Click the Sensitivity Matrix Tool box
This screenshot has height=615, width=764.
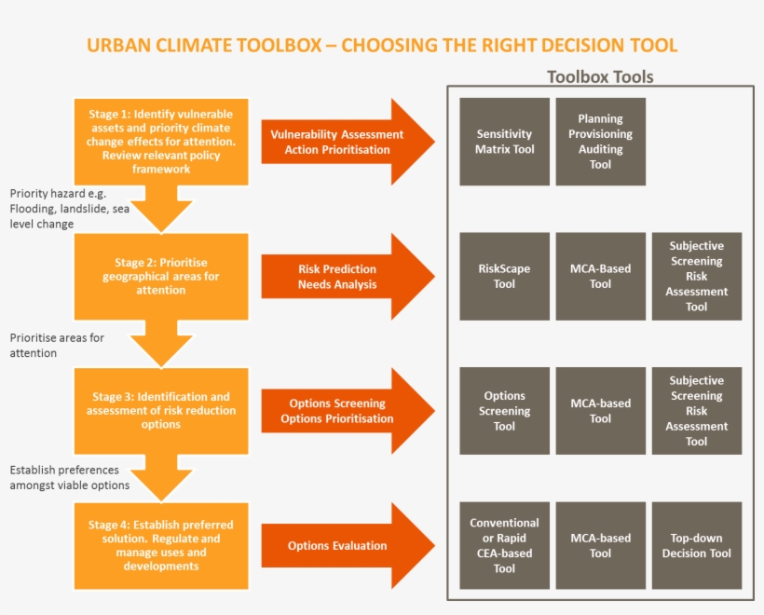pyautogui.click(x=504, y=142)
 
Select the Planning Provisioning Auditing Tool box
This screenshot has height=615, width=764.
pyautogui.click(x=600, y=142)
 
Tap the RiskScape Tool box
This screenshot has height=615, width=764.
pyautogui.click(x=504, y=277)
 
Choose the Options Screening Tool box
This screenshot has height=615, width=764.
pyautogui.click(x=504, y=411)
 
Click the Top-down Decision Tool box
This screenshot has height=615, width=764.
pyautogui.click(x=696, y=545)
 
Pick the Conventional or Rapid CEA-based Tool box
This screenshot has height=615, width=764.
pyautogui.click(x=504, y=545)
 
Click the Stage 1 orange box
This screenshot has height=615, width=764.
pyautogui.click(x=161, y=142)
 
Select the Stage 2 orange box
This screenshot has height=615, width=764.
pyautogui.click(x=161, y=276)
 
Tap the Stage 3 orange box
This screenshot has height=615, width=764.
pyautogui.click(x=161, y=411)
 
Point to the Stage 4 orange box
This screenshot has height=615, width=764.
pyautogui.click(x=161, y=545)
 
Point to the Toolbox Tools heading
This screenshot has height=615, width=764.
pyautogui.click(x=600, y=76)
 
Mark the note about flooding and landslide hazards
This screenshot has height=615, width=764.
pyautogui.click(x=67, y=209)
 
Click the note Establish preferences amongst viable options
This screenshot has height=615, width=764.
pyautogui.click(x=70, y=478)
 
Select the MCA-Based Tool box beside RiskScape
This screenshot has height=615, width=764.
pyautogui.click(x=600, y=277)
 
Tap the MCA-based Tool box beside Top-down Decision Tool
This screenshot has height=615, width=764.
pyautogui.click(x=600, y=545)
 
